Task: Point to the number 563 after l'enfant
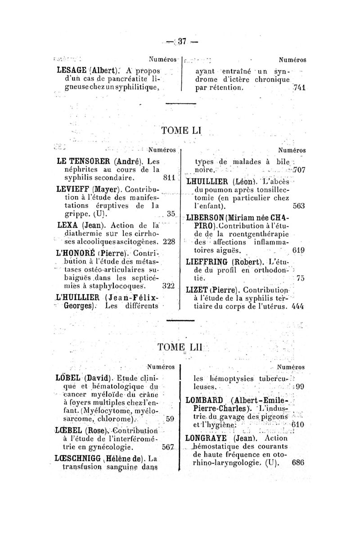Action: [x=299, y=207]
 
